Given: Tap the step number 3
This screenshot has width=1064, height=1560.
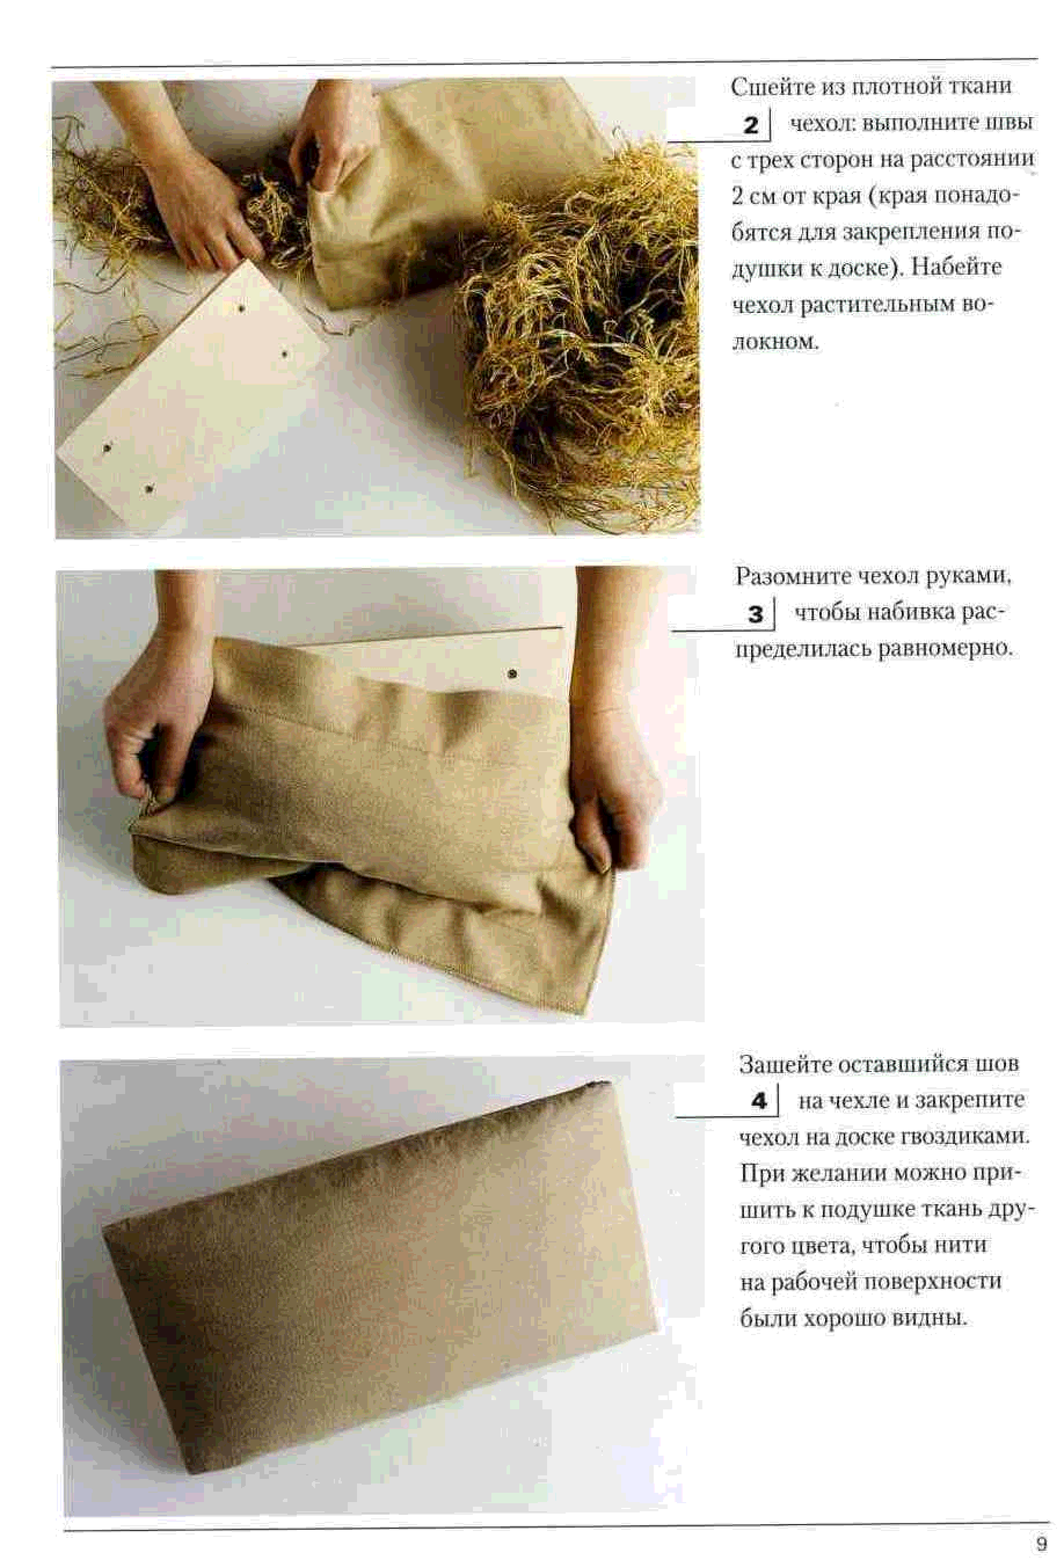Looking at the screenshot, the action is click(755, 614).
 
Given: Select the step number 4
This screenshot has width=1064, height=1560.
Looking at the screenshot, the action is click(759, 1102).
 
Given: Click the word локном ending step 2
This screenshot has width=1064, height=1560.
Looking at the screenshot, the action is click(775, 341).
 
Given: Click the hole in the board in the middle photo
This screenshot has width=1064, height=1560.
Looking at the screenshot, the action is click(513, 673).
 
